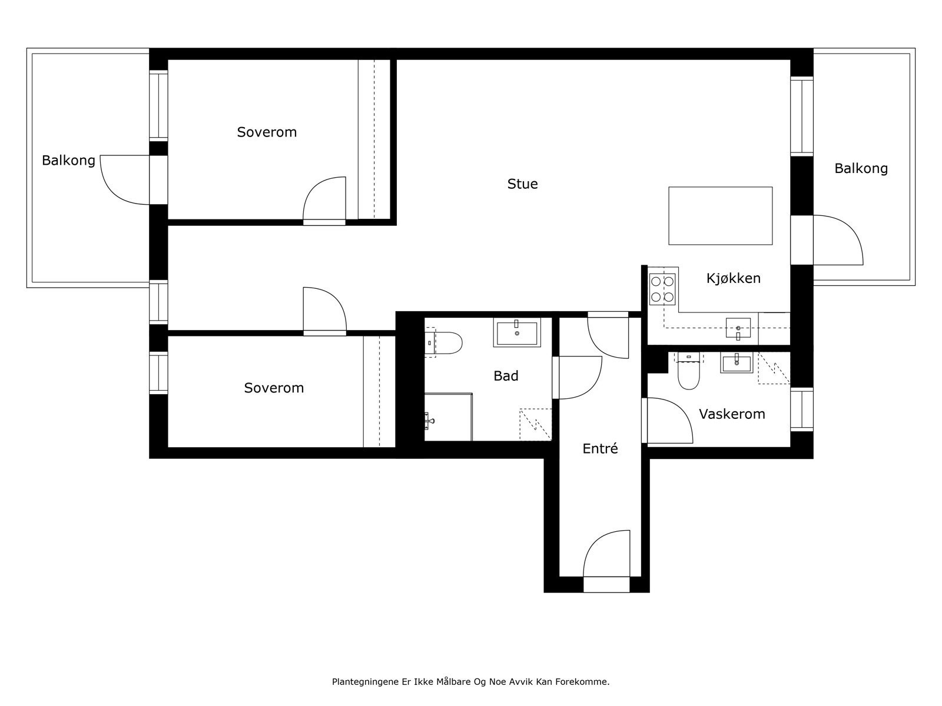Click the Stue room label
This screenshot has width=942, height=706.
pyautogui.click(x=522, y=184)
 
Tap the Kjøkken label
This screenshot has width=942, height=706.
pyautogui.click(x=733, y=278)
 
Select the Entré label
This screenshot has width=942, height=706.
pyautogui.click(x=600, y=449)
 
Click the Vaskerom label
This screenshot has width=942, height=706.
pyautogui.click(x=732, y=414)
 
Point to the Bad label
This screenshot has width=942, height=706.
pyautogui.click(x=506, y=376)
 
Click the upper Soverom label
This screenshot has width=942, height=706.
pyautogui.click(x=267, y=132)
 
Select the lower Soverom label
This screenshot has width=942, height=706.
pyautogui.click(x=274, y=388)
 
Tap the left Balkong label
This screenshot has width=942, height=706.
pyautogui.click(x=68, y=161)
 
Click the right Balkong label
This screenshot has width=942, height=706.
pyautogui.click(x=861, y=169)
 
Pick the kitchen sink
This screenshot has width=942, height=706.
pyautogui.click(x=738, y=328)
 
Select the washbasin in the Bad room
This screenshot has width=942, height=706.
pyautogui.click(x=517, y=334)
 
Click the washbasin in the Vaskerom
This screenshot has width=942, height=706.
pyautogui.click(x=736, y=364)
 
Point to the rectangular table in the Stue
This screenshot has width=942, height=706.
pyautogui.click(x=720, y=216)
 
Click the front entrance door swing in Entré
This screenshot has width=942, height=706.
pyautogui.click(x=606, y=556)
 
